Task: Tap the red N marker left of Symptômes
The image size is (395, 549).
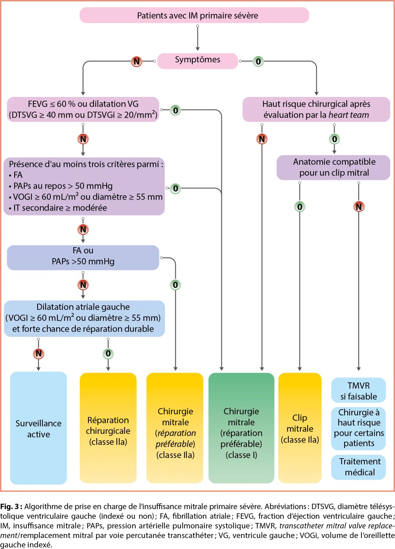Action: tap(137, 61)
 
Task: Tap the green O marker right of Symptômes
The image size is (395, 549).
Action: tap(258, 61)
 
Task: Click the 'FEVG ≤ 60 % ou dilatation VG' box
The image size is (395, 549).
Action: tap(83, 109)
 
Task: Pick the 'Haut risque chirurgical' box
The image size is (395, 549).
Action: tap(316, 109)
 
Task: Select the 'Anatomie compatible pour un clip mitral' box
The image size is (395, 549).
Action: tap(334, 167)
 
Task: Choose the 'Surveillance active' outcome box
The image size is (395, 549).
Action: tap(39, 428)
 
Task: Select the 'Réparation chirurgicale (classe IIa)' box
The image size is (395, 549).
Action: tap(108, 428)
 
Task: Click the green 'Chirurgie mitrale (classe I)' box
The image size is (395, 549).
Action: tap(241, 428)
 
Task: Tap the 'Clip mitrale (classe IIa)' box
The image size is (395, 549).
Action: tap(300, 428)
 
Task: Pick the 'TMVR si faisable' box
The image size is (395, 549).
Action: tap(359, 390)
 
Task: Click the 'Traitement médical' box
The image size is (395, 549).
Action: tap(359, 467)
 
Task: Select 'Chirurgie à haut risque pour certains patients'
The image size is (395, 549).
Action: tap(359, 428)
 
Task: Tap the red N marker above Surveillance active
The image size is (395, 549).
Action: tap(39, 354)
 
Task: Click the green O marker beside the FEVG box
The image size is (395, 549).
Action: tap(175, 110)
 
